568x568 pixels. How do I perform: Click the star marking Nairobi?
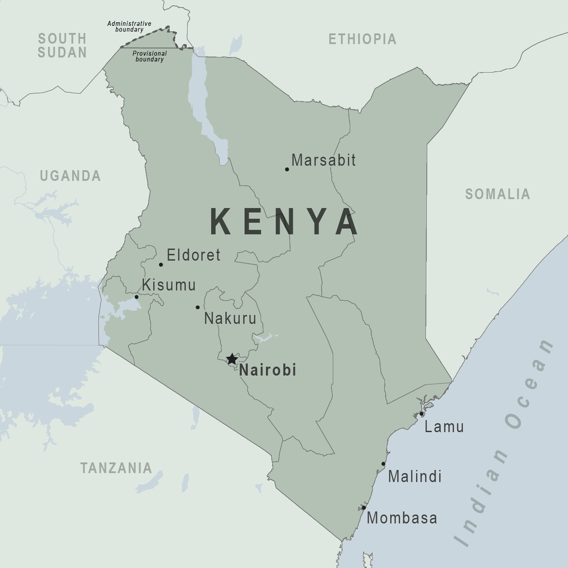click(232, 359)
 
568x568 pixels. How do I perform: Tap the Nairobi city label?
click(268, 370)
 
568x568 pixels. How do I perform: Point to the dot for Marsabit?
click(287, 169)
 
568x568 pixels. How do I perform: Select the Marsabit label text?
click(323, 160)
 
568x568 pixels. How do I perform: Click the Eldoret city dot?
click(161, 265)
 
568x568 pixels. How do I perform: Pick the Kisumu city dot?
click(136, 297)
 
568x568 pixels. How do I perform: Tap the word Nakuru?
click(230, 319)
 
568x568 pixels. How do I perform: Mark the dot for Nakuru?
click(198, 307)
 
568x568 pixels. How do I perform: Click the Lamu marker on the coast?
click(421, 414)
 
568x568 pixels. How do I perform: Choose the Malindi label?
click(415, 477)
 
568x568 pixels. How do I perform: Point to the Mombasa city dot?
click(364, 508)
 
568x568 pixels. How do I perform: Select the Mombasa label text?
click(402, 518)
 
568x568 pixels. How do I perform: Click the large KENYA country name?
click(284, 222)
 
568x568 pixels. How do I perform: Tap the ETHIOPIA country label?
click(362, 39)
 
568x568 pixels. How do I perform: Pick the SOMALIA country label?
click(498, 194)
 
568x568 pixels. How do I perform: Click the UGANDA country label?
click(70, 176)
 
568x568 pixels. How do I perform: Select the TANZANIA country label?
click(116, 468)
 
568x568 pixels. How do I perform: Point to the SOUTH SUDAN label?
click(62, 45)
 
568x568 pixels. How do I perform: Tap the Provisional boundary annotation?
click(150, 56)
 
